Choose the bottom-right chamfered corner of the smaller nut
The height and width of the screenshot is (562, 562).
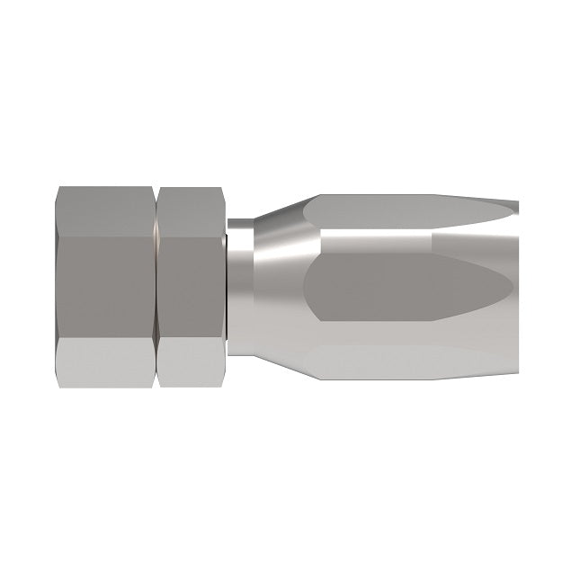coord(219,382)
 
